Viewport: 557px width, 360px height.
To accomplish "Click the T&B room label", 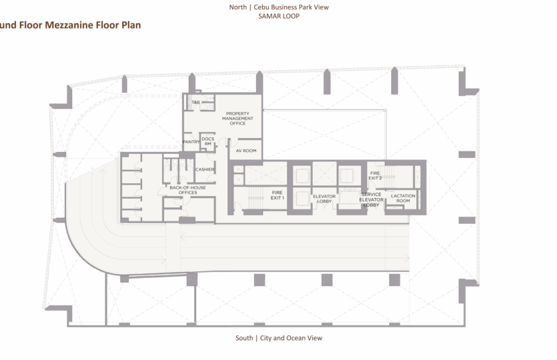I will click(x=196, y=103).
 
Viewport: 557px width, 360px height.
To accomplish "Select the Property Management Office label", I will click(x=237, y=118).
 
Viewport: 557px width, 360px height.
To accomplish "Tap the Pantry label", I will click(x=191, y=141).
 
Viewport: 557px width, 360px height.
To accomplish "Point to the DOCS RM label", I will click(x=207, y=141).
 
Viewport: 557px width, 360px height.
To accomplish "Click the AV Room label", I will click(x=245, y=151).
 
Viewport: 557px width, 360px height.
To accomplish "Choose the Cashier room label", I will click(x=204, y=169).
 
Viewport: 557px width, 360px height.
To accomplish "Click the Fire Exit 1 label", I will click(x=277, y=195).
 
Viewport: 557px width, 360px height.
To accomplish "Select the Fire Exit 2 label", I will click(x=376, y=175).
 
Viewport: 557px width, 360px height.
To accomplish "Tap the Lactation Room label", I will click(x=403, y=198).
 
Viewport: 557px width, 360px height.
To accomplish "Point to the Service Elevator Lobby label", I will click(x=371, y=199).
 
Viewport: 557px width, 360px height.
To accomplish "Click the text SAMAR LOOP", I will click(x=278, y=15).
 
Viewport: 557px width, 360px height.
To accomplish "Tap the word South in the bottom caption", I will click(x=244, y=338).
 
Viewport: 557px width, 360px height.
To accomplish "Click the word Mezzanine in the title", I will click(x=71, y=25).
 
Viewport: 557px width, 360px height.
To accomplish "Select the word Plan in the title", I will click(x=130, y=25).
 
